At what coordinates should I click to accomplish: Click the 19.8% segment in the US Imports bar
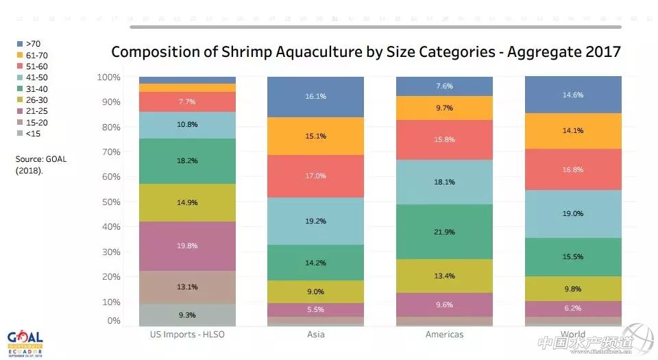[x=187, y=246]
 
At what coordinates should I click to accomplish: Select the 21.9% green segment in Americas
[x=444, y=232]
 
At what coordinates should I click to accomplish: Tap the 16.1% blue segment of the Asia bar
[x=315, y=97]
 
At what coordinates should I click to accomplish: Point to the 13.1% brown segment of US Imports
[x=187, y=287]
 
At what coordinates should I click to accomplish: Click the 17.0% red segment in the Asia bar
[x=315, y=176]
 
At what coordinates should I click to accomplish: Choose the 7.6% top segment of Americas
[x=444, y=86]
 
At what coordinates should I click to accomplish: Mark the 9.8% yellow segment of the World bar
[x=572, y=289]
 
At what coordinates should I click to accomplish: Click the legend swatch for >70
[x=21, y=44]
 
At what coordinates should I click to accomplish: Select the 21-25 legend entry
[x=32, y=111]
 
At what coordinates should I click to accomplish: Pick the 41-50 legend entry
[x=32, y=77]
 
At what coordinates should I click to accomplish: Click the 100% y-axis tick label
[x=108, y=77]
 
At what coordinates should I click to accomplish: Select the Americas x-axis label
[x=444, y=335]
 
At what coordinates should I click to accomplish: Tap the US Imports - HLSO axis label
[x=187, y=335]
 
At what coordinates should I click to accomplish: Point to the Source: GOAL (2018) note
[x=41, y=165]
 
